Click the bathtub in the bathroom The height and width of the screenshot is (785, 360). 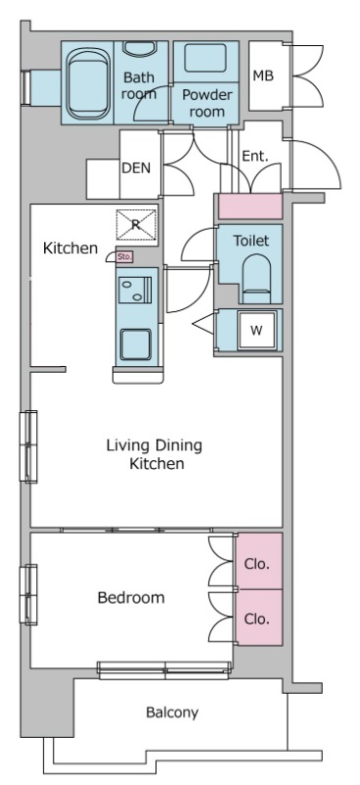[x=88, y=82]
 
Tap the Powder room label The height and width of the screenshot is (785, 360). [x=207, y=103]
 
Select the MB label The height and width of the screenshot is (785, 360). [x=263, y=77]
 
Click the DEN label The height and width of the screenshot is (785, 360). [x=136, y=168]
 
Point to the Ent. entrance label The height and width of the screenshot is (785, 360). [x=255, y=156]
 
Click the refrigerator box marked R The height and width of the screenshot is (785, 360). [x=136, y=225]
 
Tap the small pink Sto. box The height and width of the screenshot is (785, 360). [x=125, y=257]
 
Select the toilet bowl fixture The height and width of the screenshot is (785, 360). [x=256, y=279]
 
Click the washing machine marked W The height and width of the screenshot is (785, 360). [x=256, y=331]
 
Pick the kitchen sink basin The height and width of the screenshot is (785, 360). [x=134, y=344]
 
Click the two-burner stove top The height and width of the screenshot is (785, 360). [x=135, y=290]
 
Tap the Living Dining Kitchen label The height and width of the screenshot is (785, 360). [x=155, y=454]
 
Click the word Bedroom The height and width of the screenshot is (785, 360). [x=130, y=598]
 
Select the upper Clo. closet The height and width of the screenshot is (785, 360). [x=259, y=560]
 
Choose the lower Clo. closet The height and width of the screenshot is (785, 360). [x=259, y=617]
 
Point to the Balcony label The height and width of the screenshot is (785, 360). [x=172, y=712]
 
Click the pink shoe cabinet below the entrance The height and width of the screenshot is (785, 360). [x=250, y=206]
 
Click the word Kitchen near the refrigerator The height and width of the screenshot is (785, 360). [x=70, y=248]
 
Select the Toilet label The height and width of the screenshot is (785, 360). [x=251, y=240]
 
